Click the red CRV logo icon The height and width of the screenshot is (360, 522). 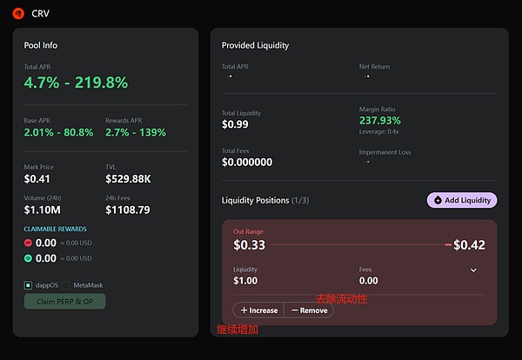click(x=18, y=13)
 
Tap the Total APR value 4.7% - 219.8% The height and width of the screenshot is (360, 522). click(x=76, y=83)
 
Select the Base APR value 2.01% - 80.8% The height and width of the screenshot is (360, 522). click(x=59, y=132)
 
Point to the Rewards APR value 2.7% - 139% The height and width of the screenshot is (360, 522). click(x=136, y=132)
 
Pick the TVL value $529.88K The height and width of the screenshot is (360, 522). click(x=129, y=179)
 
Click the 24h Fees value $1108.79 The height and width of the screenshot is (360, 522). click(x=128, y=210)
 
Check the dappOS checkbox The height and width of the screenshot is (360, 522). click(x=29, y=284)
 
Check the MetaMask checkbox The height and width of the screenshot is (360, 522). click(x=67, y=284)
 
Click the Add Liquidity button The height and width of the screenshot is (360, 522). click(x=462, y=200)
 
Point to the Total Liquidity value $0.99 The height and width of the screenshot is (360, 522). click(x=237, y=124)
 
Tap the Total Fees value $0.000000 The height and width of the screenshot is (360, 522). click(x=247, y=162)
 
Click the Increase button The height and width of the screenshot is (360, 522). click(x=259, y=310)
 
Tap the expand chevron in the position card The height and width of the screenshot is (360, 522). click(x=473, y=270)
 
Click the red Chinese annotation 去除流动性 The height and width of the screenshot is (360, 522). click(x=341, y=298)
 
